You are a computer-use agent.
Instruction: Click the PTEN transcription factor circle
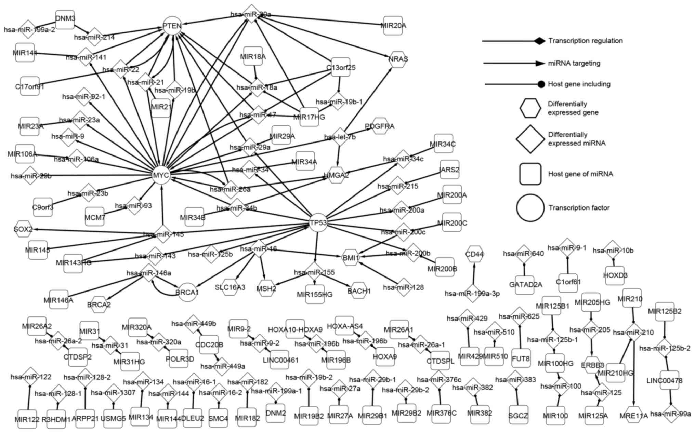tap(172, 26)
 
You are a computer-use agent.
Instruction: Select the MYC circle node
tap(161, 175)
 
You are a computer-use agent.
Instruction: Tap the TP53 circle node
tap(318, 223)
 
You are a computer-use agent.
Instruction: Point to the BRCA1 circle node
tap(187, 292)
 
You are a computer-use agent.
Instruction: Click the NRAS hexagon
tap(398, 59)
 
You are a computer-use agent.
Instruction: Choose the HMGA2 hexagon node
tap(336, 175)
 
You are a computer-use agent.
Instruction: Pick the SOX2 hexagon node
tap(23, 229)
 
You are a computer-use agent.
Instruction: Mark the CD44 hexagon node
tap(474, 254)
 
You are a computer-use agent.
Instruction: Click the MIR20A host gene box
tap(393, 26)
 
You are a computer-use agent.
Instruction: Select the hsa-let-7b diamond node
tap(340, 137)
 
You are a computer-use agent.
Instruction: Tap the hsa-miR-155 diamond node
tap(314, 272)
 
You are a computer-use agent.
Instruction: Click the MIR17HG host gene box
tap(309, 117)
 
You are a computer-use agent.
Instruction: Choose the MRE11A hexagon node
tap(634, 415)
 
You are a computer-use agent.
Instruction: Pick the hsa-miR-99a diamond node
tap(670, 414)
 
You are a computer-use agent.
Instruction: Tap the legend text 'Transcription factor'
tap(579, 208)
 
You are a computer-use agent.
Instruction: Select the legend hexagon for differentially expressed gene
tap(530, 108)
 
